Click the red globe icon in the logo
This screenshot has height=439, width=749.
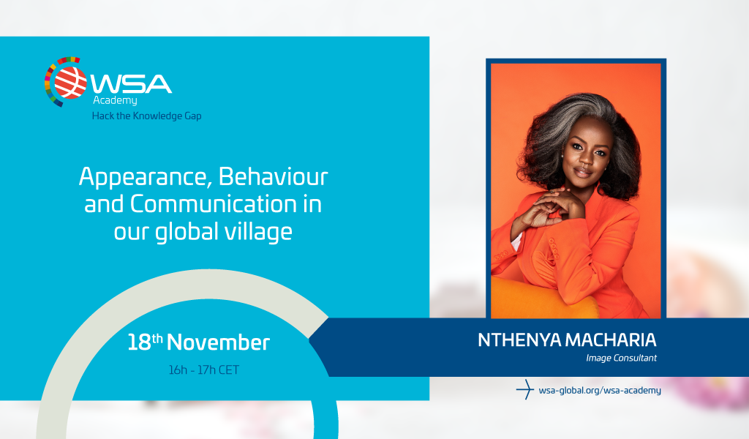coord(70,82)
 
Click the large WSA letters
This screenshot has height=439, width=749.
coord(131,84)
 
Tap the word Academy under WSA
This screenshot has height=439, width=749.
coord(115,100)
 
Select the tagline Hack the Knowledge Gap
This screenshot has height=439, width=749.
coord(146,116)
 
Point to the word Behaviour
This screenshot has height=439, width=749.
coord(274,176)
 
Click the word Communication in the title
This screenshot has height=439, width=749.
coord(213,204)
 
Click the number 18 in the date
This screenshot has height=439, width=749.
coord(139,342)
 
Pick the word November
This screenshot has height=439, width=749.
coord(218,342)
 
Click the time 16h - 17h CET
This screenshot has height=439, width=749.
coord(204,369)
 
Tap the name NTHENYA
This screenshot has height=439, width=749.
coord(519,340)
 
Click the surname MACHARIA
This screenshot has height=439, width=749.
coord(611,340)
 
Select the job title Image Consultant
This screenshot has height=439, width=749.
coord(622,358)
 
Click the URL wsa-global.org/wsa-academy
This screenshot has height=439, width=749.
coord(600,390)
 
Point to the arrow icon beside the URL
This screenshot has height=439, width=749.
coord(525,389)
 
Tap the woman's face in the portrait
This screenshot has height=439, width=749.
coord(586,152)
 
